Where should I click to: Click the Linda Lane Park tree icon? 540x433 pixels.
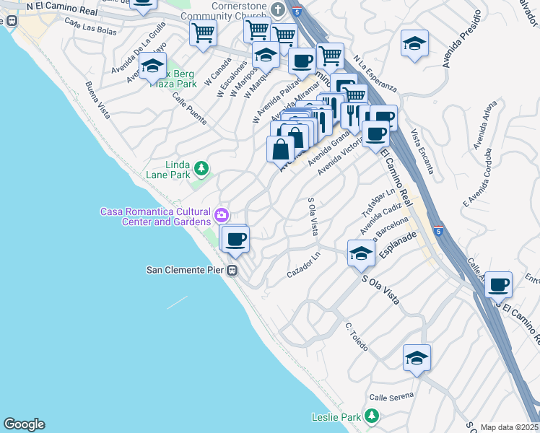click(x=203, y=169)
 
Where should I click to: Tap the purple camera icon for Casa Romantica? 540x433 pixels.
click(x=222, y=214)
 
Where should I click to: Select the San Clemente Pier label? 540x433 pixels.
click(x=186, y=271)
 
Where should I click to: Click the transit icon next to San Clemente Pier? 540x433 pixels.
click(x=232, y=271)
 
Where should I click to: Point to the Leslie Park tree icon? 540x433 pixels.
click(x=372, y=416)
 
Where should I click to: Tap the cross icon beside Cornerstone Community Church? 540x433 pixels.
click(x=279, y=9)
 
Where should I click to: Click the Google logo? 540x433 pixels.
click(x=24, y=424)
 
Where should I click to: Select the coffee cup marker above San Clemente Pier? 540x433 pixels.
click(x=235, y=239)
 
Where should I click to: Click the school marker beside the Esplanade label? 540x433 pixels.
click(x=361, y=253)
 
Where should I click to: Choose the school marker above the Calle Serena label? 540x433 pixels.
click(x=417, y=358)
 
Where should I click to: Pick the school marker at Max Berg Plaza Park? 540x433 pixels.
click(x=152, y=66)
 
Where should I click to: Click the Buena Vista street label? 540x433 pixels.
click(x=97, y=100)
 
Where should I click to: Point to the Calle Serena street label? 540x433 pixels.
click(x=392, y=396)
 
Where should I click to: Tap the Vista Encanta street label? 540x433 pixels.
click(x=422, y=152)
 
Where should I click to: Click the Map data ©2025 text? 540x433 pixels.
click(x=508, y=427)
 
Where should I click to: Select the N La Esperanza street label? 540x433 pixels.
click(x=375, y=76)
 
